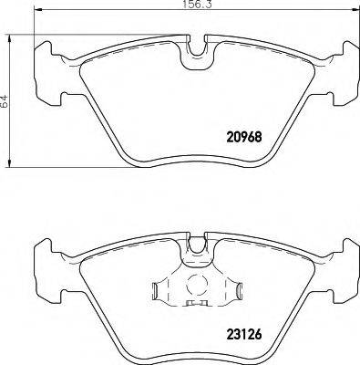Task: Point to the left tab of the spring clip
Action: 157,292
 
